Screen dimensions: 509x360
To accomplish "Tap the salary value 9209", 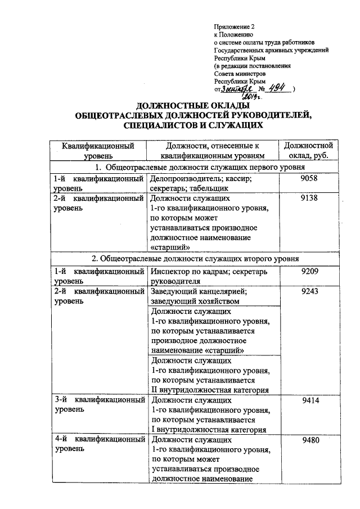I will (310, 272).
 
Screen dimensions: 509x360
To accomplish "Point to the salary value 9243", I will (310, 292).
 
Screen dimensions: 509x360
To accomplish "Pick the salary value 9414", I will (310, 400).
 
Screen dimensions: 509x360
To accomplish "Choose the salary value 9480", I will (310, 440).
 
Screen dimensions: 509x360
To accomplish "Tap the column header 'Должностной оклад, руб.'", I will (310, 151).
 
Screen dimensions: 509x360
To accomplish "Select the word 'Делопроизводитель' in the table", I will (184, 179).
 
